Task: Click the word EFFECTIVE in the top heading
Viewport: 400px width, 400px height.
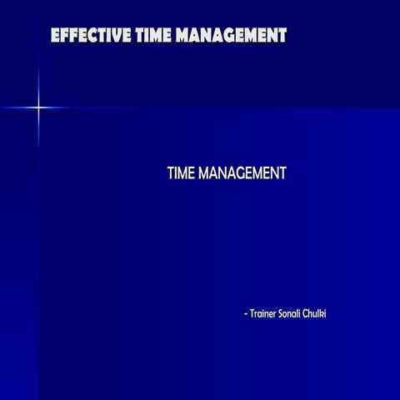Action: (87, 35)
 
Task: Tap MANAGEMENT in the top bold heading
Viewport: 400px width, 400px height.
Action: (229, 35)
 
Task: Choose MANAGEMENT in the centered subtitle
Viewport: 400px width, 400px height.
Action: (243, 173)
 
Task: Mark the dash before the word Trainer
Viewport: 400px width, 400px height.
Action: (246, 314)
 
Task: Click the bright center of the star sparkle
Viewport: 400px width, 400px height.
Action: (37, 107)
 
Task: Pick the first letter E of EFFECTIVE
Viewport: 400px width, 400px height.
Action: (55, 35)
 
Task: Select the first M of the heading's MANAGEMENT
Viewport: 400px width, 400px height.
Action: (177, 35)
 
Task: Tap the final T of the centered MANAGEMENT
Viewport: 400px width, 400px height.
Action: (282, 173)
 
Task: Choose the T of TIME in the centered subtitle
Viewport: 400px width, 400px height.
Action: (171, 173)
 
